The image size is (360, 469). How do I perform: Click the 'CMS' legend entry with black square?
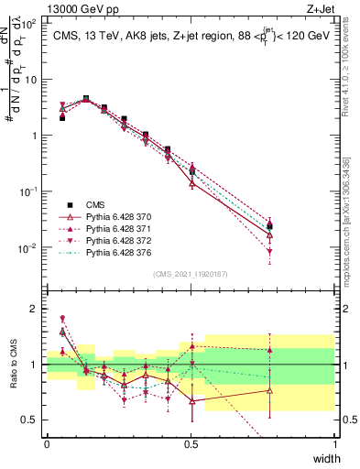click(95, 204)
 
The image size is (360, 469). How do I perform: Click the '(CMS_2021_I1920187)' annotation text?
click(191, 274)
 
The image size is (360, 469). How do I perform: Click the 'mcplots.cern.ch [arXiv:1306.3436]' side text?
click(351, 212)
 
